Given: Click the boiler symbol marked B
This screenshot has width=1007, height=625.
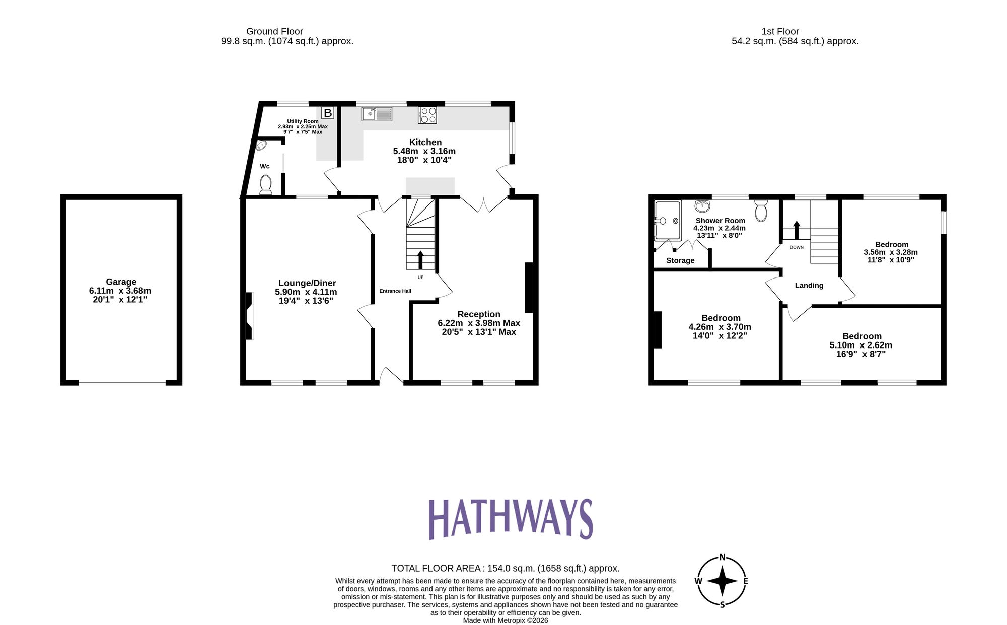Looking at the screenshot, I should pos(328,113).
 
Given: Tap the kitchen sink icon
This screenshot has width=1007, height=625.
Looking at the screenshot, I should pos(377,114).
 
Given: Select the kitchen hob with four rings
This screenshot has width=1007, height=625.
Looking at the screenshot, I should pos(427,115).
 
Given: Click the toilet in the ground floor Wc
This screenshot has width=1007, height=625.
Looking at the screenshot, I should pos(266,184).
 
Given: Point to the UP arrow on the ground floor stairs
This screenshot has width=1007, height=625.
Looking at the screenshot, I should pos(420,260).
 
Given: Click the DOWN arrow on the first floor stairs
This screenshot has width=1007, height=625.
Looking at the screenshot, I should pos(797,230).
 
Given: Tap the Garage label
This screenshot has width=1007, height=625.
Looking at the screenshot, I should pos(121,282).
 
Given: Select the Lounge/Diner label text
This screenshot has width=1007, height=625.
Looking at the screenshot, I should pos(307,283).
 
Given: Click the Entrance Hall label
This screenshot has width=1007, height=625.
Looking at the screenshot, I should pos(395,291).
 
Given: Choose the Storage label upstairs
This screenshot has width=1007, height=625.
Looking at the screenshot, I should pos(680,260).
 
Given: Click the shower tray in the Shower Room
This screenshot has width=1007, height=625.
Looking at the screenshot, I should pos(667,221).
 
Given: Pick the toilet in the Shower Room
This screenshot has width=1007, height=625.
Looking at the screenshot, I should pos(761,210).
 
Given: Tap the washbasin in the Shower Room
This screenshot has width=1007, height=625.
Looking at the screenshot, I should pos(702,205).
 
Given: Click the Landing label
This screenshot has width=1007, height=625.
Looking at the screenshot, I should pos(809,286).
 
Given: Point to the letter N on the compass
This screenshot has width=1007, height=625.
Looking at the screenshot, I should pos(722,557).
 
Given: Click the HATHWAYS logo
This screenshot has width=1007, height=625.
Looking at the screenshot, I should pos(511,519).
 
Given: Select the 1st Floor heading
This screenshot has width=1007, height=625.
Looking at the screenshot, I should pos(780,31).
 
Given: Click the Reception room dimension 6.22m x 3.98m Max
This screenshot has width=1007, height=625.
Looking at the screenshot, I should pos(479,323).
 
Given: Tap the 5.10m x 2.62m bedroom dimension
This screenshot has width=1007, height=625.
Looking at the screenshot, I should pos(861,345).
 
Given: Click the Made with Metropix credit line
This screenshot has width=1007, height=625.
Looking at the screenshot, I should pos(506,620).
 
